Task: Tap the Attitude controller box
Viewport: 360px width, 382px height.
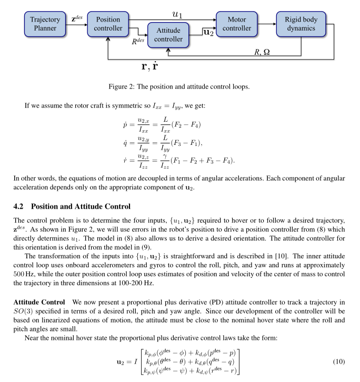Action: (168, 35)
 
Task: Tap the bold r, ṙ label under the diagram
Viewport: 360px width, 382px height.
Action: (154, 67)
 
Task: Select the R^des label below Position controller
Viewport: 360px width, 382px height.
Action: (139, 42)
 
